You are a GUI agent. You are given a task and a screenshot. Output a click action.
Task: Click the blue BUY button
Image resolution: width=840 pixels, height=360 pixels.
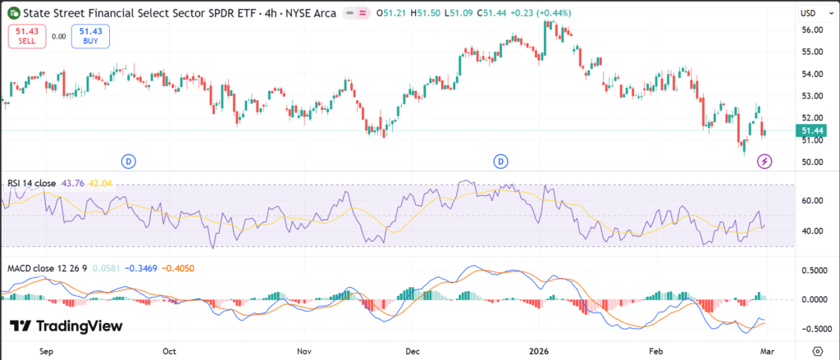point(89,36)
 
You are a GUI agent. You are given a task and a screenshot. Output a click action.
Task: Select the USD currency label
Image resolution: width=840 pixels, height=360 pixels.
point(809,13)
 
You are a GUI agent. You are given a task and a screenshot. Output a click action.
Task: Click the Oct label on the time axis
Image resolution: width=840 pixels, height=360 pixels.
point(170,350)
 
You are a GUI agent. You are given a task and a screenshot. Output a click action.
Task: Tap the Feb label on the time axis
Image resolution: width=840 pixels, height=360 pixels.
point(656,350)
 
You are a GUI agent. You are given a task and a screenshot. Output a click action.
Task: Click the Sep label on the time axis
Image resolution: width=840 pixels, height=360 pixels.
point(47,350)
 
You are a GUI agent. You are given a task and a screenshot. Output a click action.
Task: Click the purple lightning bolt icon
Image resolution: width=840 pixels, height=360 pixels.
point(765,161)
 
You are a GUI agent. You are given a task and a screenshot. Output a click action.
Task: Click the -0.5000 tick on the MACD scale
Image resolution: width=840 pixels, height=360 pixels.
point(809,329)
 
